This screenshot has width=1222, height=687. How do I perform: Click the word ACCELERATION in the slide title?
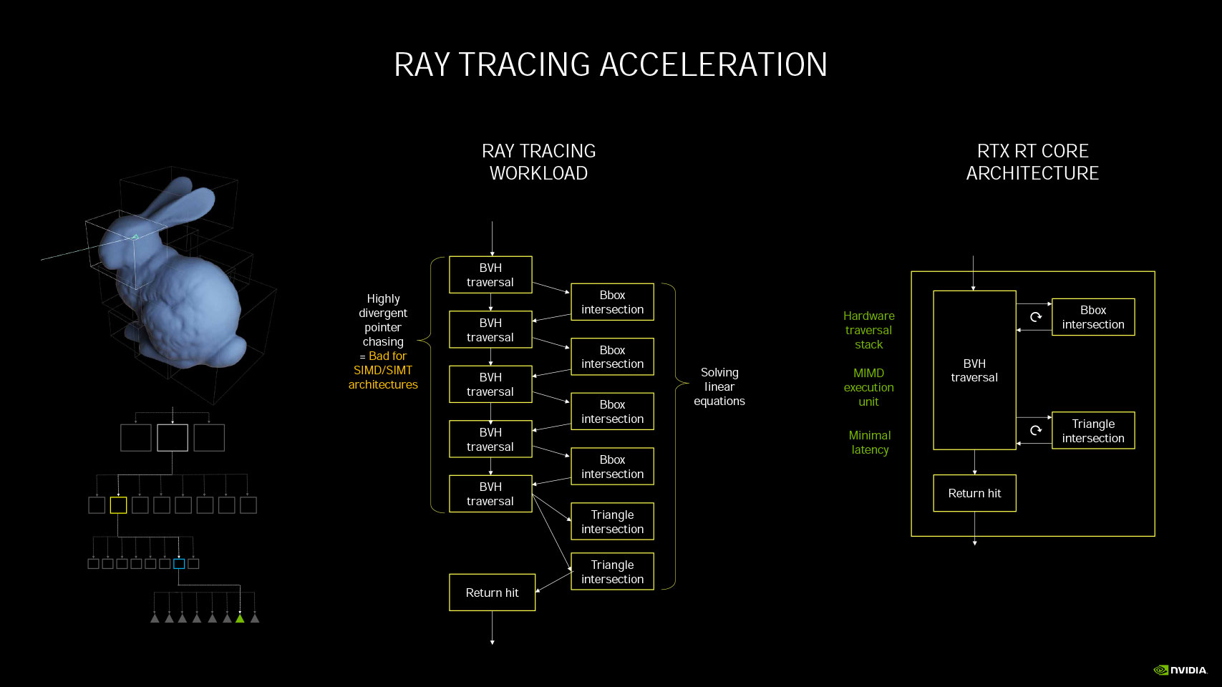714,65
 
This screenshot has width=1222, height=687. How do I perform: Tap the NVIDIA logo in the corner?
1180,670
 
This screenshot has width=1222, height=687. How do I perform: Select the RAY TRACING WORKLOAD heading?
538,162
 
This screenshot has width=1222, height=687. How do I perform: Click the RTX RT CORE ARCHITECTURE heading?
1032,162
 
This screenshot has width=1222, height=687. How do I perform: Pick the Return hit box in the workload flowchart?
492,593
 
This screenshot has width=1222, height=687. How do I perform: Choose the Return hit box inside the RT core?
974,494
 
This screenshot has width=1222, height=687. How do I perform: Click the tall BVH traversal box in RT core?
974,370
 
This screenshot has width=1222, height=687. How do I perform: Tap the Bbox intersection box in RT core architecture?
1093,317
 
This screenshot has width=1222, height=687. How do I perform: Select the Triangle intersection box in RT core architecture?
1093,431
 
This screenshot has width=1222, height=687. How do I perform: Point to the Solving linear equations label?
719,386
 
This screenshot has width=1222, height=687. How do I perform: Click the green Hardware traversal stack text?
868,330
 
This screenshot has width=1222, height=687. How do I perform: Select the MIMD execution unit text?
868,387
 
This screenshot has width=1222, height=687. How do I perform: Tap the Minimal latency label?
870,443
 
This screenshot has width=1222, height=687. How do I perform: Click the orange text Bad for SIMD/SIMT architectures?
383,370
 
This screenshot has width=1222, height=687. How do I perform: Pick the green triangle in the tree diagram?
240,618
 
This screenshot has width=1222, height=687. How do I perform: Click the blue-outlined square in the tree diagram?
179,564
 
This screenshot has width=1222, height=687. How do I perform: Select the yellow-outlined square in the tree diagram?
118,505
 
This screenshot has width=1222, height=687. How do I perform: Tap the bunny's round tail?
232,351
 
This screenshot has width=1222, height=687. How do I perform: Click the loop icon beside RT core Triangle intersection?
1036,431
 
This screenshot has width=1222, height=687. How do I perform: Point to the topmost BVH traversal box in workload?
490,275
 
